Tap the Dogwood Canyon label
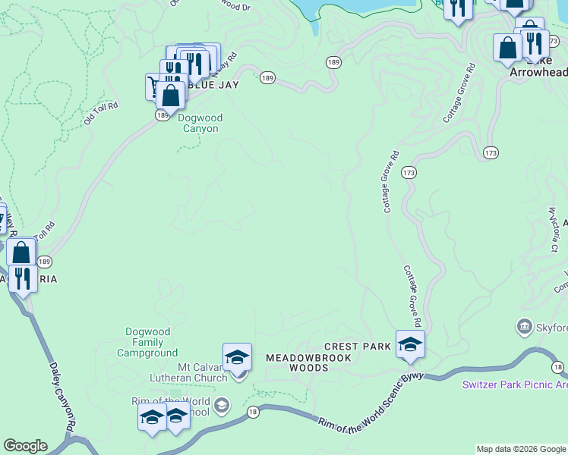198,123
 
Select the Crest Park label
357,347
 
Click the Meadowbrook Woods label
298,362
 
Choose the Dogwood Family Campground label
152,342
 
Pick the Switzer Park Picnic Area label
515,384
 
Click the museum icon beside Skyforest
523,328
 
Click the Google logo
25,446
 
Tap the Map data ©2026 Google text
521,449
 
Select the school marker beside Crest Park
410,344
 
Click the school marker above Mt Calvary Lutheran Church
237,357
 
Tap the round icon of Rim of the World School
221,405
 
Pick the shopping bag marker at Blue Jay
172,95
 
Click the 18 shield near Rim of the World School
253,411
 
